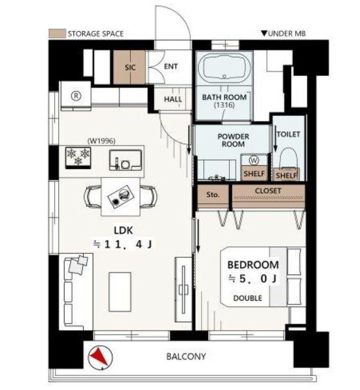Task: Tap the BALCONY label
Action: pyautogui.click(x=186, y=356)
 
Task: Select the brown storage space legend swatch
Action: pyautogui.click(x=57, y=34)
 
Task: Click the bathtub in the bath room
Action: pyautogui.click(x=224, y=67)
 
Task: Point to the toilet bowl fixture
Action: pyautogui.click(x=289, y=158)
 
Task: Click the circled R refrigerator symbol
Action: pyautogui.click(x=76, y=96)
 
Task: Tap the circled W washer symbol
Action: pyautogui.click(x=254, y=160)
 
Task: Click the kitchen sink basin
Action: pyautogui.click(x=125, y=160)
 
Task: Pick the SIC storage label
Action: pyautogui.click(x=130, y=68)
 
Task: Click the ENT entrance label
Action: pyautogui.click(x=170, y=66)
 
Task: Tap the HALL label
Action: pyautogui.click(x=173, y=99)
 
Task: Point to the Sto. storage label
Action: pyautogui.click(x=213, y=195)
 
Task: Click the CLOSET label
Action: pyautogui.click(x=268, y=191)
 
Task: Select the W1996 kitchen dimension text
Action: pyautogui.click(x=101, y=141)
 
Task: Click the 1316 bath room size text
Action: pyautogui.click(x=224, y=105)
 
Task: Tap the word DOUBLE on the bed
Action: pyautogui.click(x=248, y=298)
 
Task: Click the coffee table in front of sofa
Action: pyautogui.click(x=120, y=292)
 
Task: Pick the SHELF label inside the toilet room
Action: pyautogui.click(x=286, y=176)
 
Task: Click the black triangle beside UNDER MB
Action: pyautogui.click(x=264, y=33)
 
